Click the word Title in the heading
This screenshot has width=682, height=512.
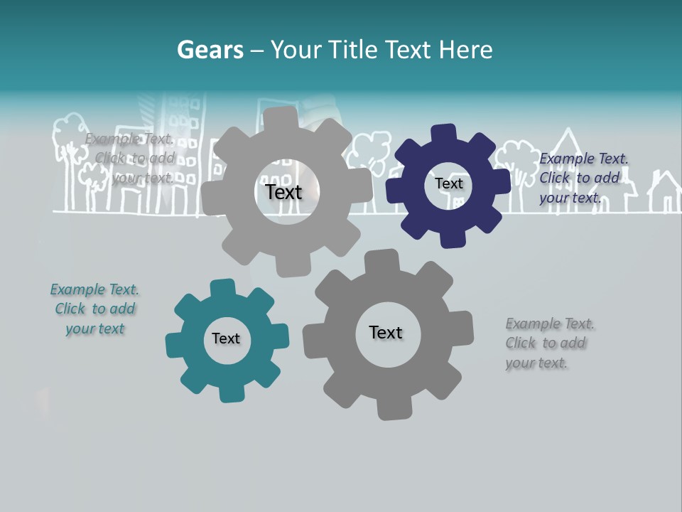coord(356,50)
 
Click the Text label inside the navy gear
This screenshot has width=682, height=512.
coord(448,183)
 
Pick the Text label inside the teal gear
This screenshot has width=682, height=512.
coord(226,338)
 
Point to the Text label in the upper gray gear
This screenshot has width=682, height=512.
coord(283,192)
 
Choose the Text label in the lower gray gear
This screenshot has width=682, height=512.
coord(386,332)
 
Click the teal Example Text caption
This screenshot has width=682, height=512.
coord(94,309)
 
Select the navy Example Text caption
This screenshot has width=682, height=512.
coord(583,178)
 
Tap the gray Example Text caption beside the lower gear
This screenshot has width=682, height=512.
coord(549,343)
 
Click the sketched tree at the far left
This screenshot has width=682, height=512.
coord(67,142)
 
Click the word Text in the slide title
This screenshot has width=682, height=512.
coord(410,50)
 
